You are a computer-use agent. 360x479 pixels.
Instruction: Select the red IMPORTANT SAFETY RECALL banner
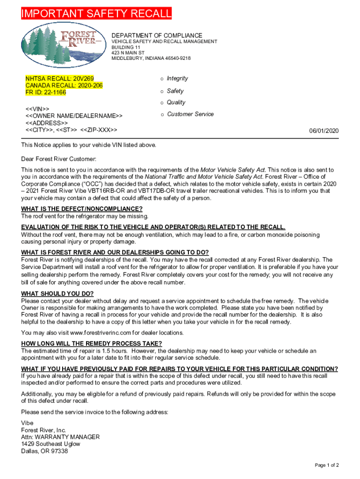(x=96, y=14)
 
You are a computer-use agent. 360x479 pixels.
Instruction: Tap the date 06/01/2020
(x=324, y=131)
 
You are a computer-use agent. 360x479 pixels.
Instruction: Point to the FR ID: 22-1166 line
(x=46, y=93)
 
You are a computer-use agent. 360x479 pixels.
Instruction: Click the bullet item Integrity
(x=177, y=79)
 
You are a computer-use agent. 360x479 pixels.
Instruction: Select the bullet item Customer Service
(x=190, y=114)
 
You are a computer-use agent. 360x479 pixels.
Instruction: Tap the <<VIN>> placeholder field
(x=38, y=109)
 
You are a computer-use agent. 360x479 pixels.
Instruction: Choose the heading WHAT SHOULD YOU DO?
(x=58, y=294)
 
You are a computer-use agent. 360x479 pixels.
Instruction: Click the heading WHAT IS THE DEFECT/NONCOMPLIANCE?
(x=82, y=209)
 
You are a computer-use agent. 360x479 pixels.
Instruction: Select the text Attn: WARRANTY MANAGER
(x=60, y=437)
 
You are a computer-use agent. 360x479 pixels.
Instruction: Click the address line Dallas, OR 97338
(x=44, y=451)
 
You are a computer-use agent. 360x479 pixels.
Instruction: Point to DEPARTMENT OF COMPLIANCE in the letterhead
(x=157, y=36)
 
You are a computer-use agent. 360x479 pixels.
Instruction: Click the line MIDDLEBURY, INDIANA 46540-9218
(x=151, y=58)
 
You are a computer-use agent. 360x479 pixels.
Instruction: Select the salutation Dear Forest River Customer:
(x=58, y=159)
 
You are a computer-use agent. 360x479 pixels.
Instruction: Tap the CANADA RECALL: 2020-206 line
(x=64, y=86)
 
